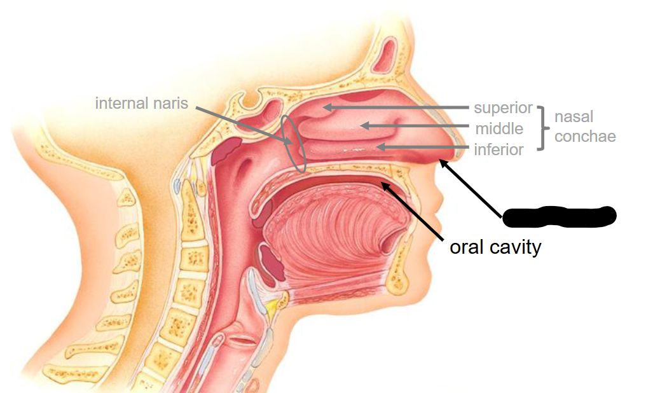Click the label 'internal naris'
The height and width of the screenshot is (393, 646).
(x=141, y=102)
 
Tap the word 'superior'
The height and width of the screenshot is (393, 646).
(x=502, y=108)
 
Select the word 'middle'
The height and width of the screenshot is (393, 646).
(x=499, y=129)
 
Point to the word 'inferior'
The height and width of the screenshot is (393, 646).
(x=498, y=150)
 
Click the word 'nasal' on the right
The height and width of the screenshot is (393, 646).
(x=574, y=116)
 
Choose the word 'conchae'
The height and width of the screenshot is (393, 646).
(x=585, y=136)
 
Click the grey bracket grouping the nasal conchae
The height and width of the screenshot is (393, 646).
(x=541, y=128)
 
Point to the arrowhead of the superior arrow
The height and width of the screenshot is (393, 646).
(x=326, y=107)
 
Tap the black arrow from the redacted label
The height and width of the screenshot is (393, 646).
(x=471, y=188)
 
